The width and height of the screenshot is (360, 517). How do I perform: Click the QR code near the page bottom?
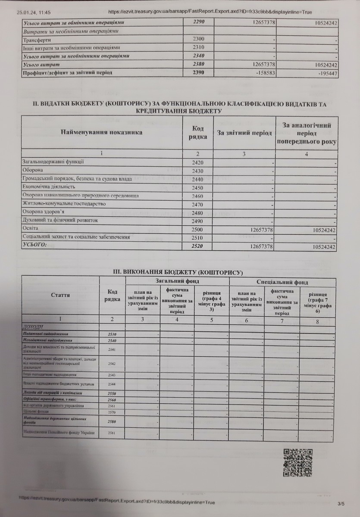(x=297, y=463)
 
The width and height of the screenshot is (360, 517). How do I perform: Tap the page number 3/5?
(x=341, y=503)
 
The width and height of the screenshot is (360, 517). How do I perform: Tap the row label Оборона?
(x=31, y=171)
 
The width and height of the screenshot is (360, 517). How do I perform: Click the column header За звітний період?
(x=244, y=133)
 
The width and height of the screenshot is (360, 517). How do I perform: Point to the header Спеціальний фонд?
(x=282, y=283)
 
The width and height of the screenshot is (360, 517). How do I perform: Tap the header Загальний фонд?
(x=177, y=281)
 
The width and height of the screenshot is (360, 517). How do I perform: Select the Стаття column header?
(x=60, y=295)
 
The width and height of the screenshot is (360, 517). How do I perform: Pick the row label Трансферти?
(x=36, y=40)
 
